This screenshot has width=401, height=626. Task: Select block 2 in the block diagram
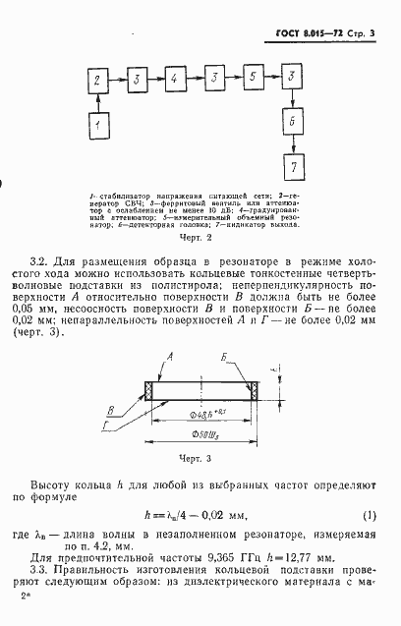click(x=97, y=77)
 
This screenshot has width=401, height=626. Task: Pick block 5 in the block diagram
click(x=253, y=77)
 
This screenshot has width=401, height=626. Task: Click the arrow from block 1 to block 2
click(x=97, y=101)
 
